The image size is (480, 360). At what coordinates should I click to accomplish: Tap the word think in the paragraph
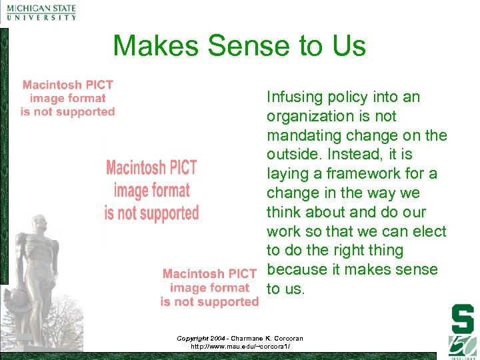click(283, 213)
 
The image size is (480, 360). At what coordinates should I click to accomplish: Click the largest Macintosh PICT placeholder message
click(152, 190)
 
